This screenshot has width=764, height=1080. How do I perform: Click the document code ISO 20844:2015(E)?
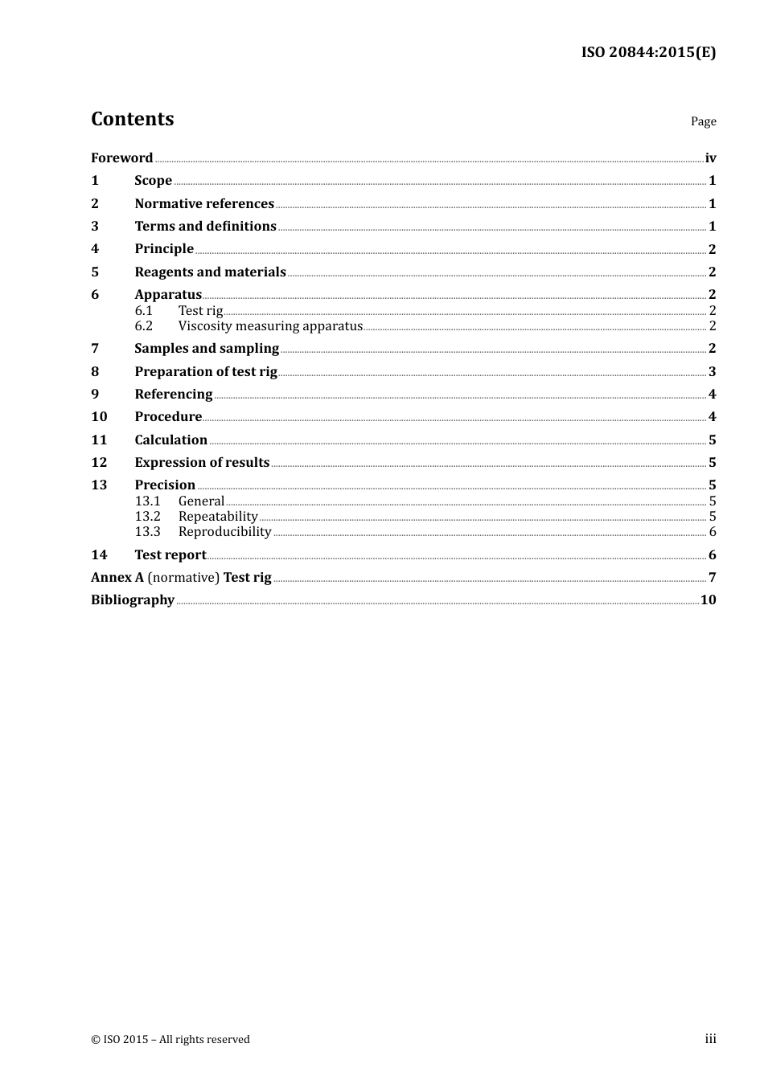[648, 53]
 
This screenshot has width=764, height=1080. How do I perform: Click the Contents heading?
[132, 119]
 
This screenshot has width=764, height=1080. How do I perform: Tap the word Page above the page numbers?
[703, 121]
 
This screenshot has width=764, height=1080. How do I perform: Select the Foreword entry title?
[121, 158]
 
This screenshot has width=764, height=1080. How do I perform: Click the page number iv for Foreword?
[710, 158]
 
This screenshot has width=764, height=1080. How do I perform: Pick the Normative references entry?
[204, 204]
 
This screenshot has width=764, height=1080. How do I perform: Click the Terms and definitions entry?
[205, 227]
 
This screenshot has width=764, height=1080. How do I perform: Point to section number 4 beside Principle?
[95, 249]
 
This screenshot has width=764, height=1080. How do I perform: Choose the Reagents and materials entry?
[210, 272]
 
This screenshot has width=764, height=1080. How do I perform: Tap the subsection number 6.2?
[143, 326]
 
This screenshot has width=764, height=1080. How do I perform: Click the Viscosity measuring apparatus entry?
[270, 326]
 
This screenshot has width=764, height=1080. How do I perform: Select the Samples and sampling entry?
[207, 349]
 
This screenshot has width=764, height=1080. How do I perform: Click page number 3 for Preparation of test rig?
[712, 372]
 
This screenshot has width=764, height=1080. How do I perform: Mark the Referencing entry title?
[173, 395]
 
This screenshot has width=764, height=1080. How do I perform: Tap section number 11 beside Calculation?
[99, 440]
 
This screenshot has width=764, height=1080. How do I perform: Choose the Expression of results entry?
[202, 463]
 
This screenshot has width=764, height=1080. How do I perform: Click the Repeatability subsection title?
[218, 517]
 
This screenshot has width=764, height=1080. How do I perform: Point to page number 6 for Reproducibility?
[713, 532]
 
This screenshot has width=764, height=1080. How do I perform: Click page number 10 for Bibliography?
[708, 600]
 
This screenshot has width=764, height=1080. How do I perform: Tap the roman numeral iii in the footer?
[710, 1039]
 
